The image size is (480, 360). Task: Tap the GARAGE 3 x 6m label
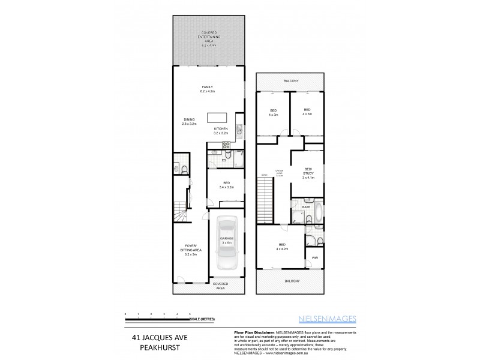pyautogui.click(x=226, y=240)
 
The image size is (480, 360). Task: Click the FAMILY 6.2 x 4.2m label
pyautogui.click(x=208, y=89)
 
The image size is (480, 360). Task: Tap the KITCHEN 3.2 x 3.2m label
pyautogui.click(x=221, y=131)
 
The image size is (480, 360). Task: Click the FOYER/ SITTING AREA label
pyautogui.click(x=190, y=250)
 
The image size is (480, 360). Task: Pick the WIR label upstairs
pyautogui.click(x=314, y=257)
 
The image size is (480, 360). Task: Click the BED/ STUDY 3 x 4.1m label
pyautogui.click(x=308, y=173)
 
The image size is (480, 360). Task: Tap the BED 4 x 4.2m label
pyautogui.click(x=282, y=246)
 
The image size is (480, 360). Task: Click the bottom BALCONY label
pyautogui.click(x=290, y=280)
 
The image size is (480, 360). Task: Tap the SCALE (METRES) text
pyautogui.click(x=204, y=319)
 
